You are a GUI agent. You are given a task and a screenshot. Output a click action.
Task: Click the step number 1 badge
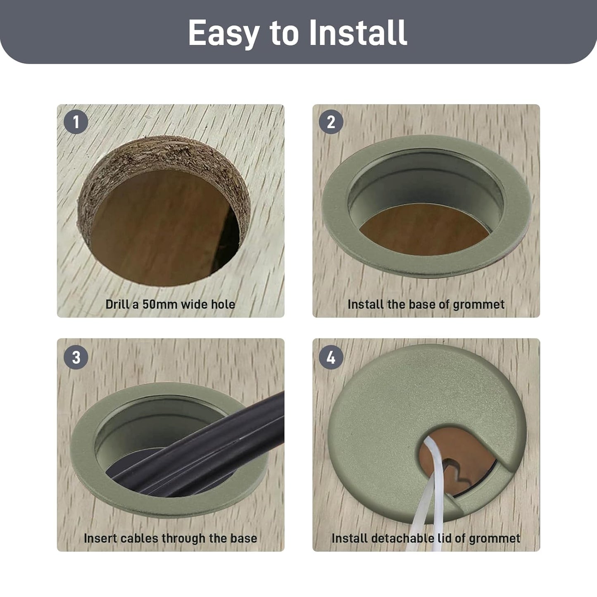point(76,122)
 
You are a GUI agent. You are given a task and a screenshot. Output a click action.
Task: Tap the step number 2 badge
point(331,122)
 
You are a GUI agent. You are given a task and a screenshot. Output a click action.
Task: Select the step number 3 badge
point(76,357)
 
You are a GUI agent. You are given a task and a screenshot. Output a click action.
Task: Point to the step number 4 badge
point(331,357)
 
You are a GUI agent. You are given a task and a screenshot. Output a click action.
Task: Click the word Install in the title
point(358,32)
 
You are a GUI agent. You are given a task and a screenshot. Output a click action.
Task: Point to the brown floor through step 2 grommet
point(424,231)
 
